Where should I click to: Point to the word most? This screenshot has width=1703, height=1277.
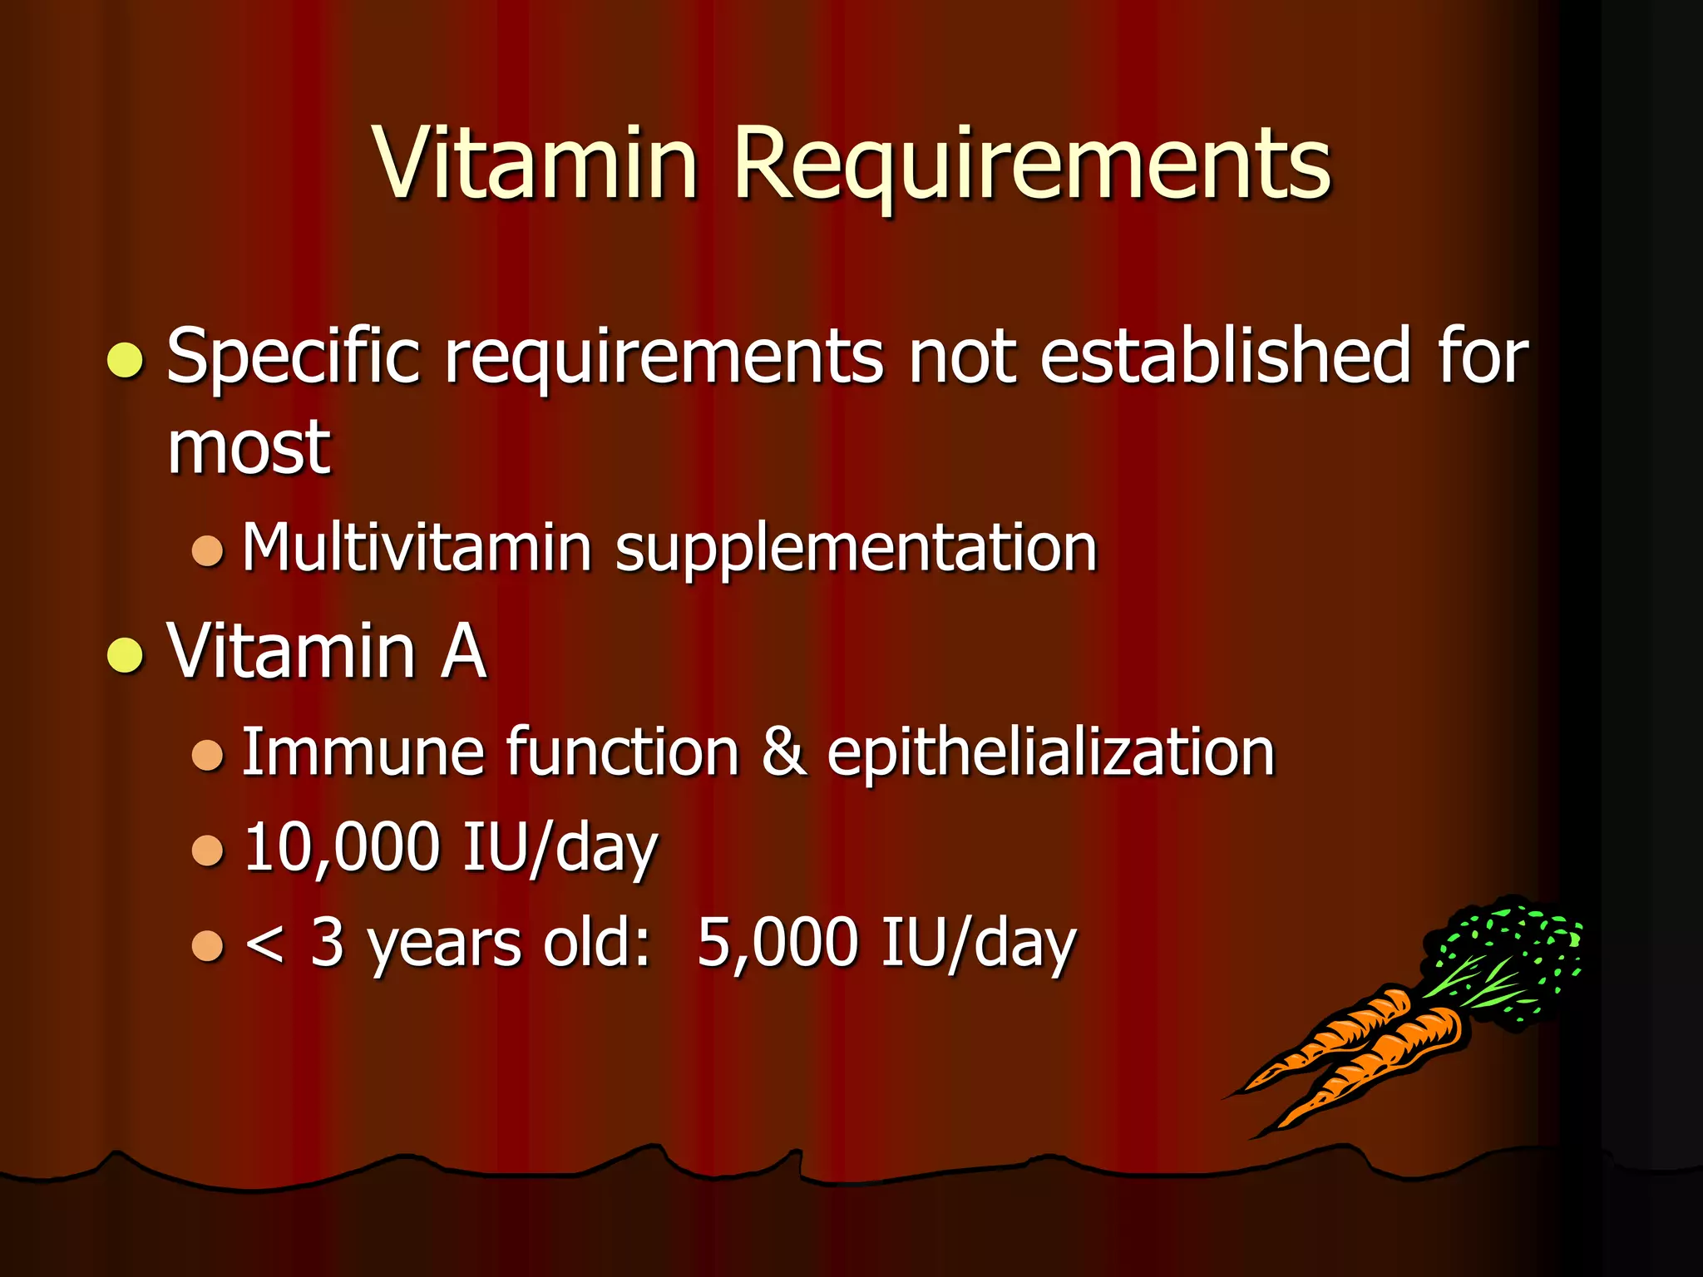249,449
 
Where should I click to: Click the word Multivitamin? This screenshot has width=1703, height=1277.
416,549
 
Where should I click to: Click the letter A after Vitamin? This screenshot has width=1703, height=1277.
463,651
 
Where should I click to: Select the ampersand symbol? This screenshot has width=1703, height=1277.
783,752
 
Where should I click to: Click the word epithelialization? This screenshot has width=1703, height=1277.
1050,752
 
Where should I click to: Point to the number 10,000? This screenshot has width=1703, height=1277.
341,848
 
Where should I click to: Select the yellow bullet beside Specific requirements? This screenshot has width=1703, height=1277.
126,360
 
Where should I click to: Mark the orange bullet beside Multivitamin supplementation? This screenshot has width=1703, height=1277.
207,550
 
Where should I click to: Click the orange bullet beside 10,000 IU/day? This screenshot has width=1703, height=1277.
207,851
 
